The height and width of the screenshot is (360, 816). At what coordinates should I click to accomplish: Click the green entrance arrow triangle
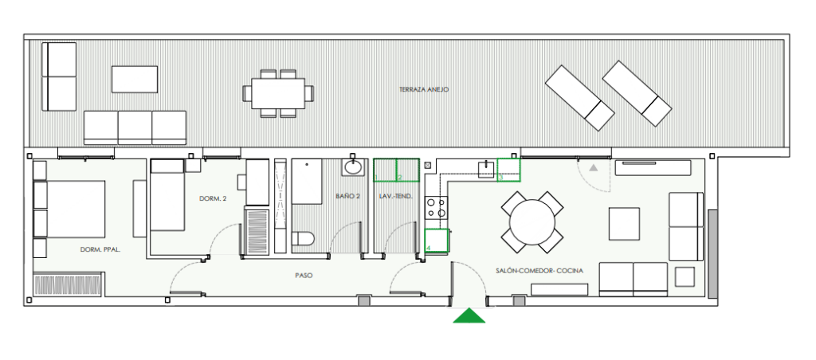click(x=469, y=316)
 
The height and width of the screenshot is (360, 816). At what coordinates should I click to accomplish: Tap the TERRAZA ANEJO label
click(x=424, y=89)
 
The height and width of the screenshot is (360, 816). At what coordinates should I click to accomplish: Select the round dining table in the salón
click(x=532, y=222)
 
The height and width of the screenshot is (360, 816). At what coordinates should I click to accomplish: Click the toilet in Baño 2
click(x=303, y=239)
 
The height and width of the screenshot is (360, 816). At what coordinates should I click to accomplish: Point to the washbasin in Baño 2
click(x=354, y=167)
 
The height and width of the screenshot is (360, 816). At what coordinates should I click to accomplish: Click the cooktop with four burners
click(x=437, y=208)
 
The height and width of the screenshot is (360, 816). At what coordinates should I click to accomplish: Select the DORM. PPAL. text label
click(x=100, y=250)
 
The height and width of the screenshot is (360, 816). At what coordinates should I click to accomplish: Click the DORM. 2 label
click(x=214, y=198)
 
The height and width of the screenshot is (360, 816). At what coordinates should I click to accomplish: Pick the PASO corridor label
click(x=304, y=276)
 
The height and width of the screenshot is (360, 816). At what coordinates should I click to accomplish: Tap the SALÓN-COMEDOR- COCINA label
click(x=539, y=271)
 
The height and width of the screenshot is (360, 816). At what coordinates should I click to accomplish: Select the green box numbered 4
click(x=437, y=241)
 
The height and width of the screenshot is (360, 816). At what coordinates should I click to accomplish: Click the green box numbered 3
click(x=509, y=170)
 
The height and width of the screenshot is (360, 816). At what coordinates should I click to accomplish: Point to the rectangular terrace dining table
click(x=278, y=93)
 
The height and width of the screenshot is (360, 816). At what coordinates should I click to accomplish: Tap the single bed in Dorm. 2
click(x=167, y=195)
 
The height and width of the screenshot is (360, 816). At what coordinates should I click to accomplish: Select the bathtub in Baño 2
click(x=307, y=182)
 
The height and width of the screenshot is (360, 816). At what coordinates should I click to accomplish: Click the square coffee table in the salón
click(x=625, y=224)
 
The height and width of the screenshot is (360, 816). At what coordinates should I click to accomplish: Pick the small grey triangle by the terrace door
click(x=593, y=167)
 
